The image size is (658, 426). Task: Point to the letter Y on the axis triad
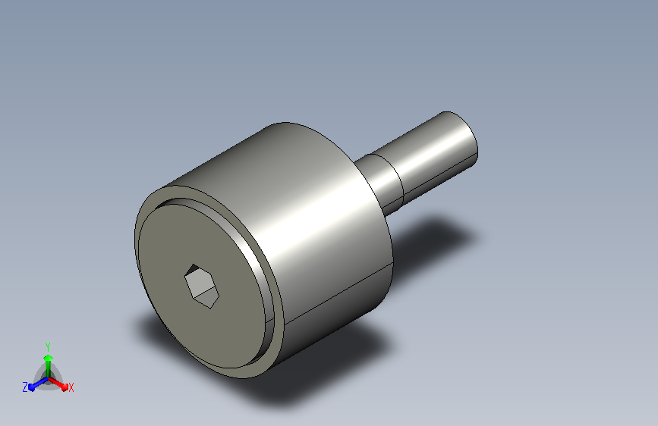coord(48,346)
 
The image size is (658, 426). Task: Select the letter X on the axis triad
coord(71,387)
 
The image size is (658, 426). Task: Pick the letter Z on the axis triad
coord(25,387)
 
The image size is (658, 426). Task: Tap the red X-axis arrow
coord(58,384)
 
